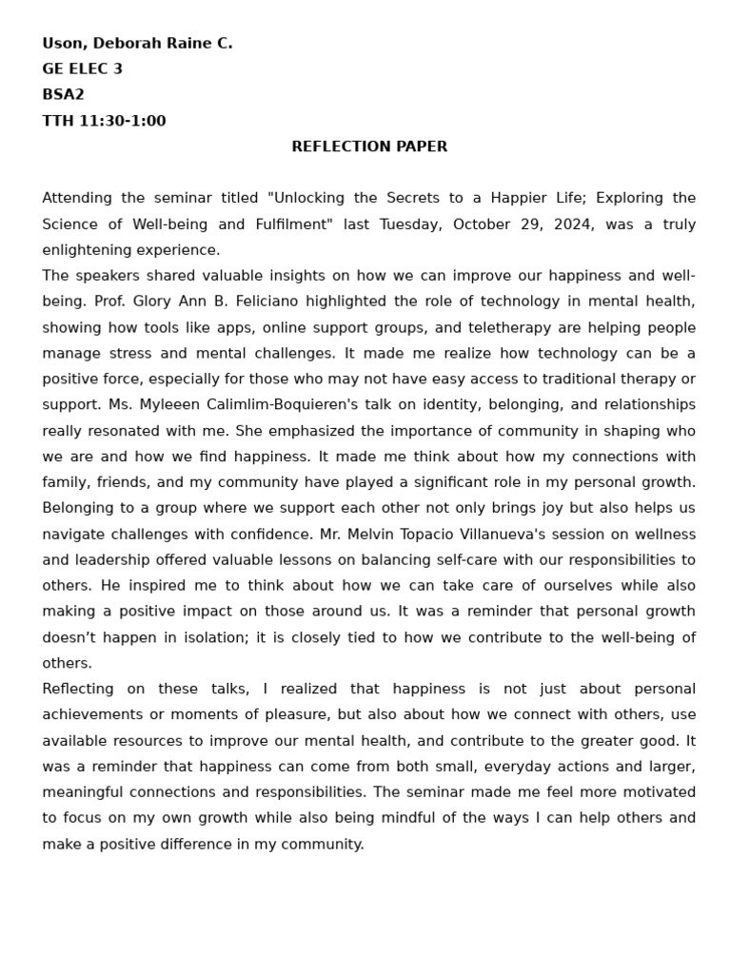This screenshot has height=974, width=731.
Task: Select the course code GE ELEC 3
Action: (x=82, y=69)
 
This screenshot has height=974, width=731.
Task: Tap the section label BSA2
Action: (x=63, y=95)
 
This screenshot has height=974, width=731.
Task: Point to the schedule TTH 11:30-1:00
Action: (x=104, y=121)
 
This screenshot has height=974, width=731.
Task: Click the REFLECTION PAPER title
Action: (x=369, y=146)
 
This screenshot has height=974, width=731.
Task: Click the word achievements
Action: (x=94, y=714)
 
